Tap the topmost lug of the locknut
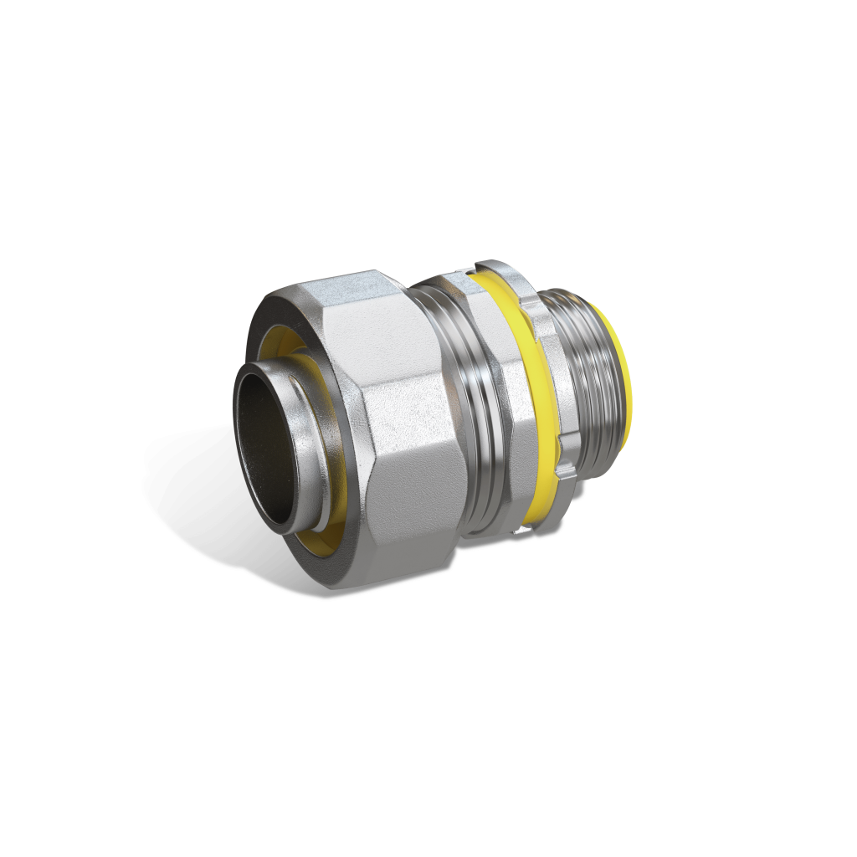click(485, 268)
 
